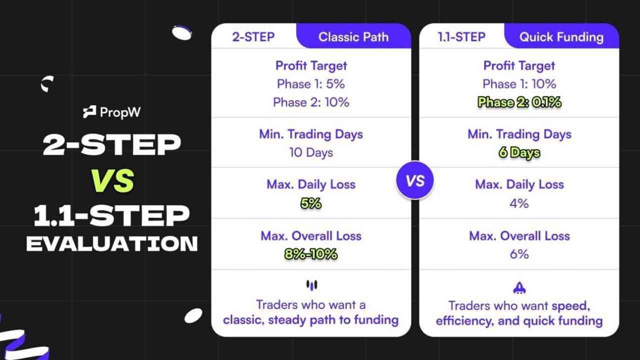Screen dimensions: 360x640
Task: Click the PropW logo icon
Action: pos(89,112)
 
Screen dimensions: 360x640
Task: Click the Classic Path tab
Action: pos(353,37)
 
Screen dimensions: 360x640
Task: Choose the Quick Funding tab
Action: pos(561,37)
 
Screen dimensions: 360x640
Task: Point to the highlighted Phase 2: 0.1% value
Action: pos(519,102)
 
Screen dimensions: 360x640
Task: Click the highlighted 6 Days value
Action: pos(519,153)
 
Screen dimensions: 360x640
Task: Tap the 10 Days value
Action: pos(311,152)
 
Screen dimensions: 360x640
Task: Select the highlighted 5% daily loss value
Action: pos(311,203)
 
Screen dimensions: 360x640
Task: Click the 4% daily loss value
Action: pos(519,203)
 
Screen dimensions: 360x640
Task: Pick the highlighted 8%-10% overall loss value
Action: pos(311,254)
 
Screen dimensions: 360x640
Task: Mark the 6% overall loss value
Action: pos(519,254)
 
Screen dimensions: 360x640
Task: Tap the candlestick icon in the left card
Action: pos(311,285)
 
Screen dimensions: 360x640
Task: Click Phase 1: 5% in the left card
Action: pos(311,84)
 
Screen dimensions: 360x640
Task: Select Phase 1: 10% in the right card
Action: pos(519,84)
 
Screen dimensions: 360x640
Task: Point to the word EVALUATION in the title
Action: pos(112,244)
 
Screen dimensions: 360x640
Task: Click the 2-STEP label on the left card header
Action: pos(253,37)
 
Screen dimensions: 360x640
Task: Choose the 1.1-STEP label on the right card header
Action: pos(461,37)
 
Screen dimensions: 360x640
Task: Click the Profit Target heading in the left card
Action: pos(311,65)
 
